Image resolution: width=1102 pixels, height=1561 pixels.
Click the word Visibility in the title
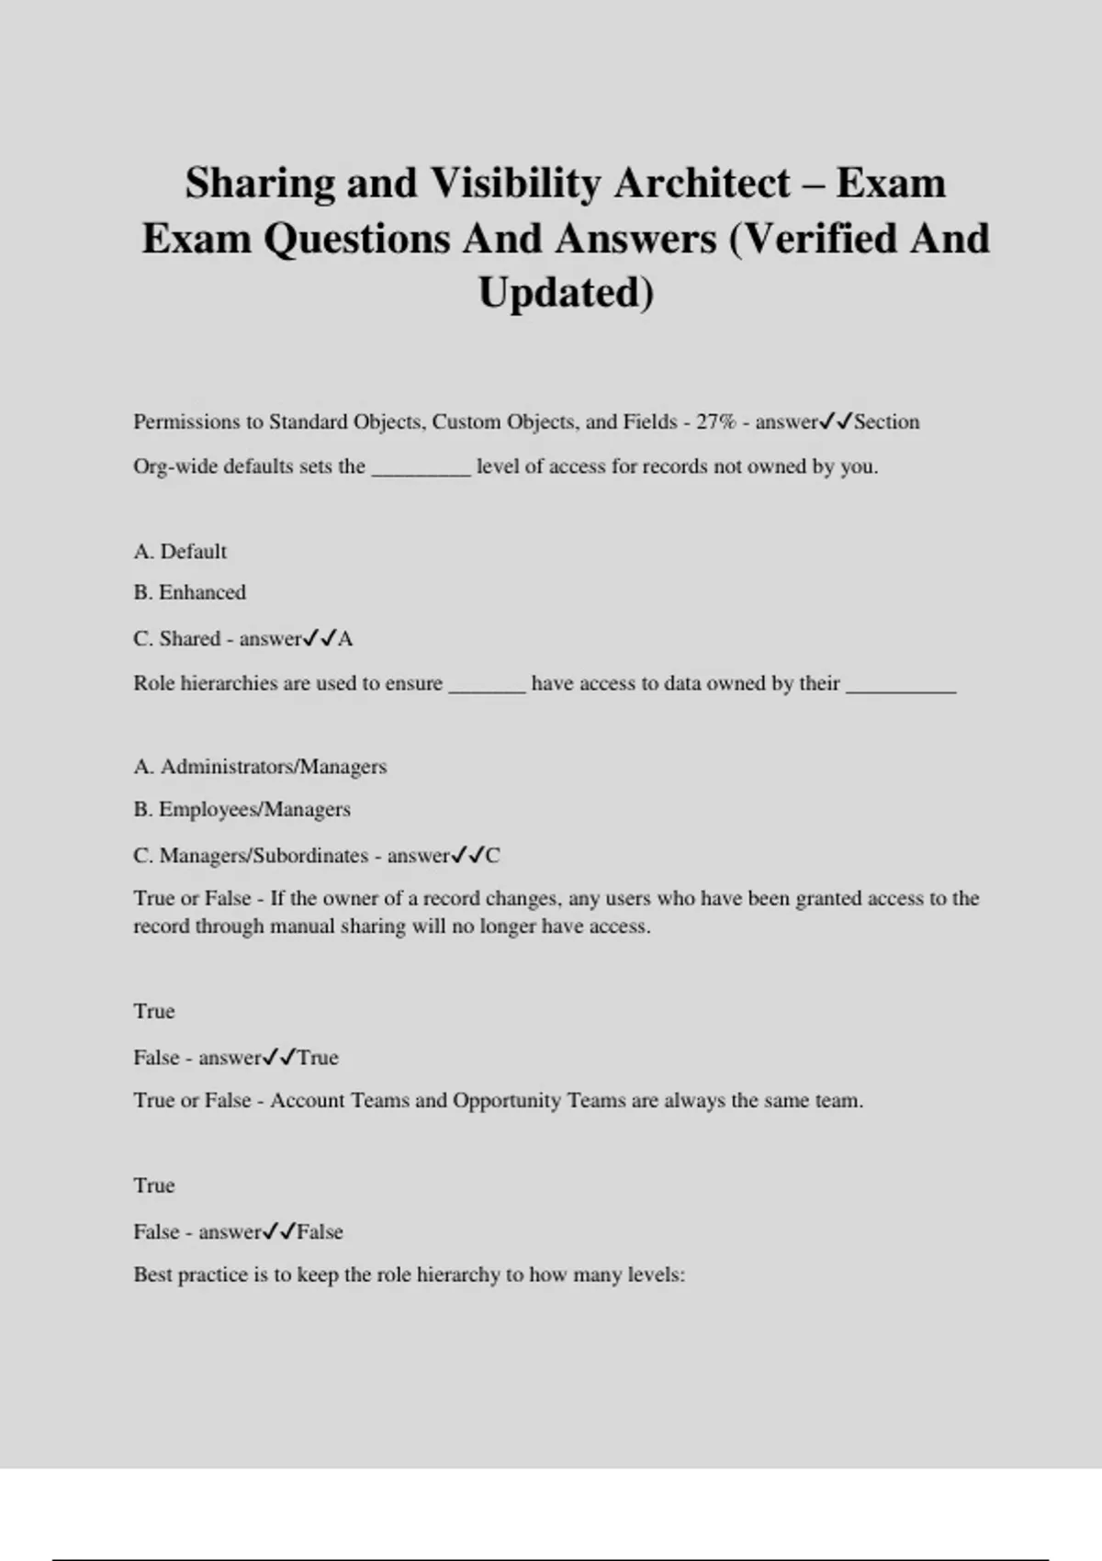click(x=516, y=183)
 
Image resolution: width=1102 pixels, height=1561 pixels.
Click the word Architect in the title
click(x=703, y=183)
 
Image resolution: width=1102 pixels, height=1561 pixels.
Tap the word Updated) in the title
click(x=566, y=293)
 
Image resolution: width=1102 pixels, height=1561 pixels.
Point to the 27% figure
click(x=716, y=422)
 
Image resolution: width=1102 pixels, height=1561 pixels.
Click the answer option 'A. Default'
click(x=180, y=552)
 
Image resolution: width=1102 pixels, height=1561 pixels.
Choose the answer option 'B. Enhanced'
click(x=190, y=592)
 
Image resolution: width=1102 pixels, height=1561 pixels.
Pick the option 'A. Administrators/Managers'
click(x=260, y=767)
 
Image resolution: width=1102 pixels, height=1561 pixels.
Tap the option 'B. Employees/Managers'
click(x=242, y=810)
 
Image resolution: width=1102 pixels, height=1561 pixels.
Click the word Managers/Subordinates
click(x=264, y=856)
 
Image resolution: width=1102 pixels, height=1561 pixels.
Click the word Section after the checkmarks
click(x=887, y=422)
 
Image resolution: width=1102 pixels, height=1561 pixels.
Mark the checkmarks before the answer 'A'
click(x=320, y=638)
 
